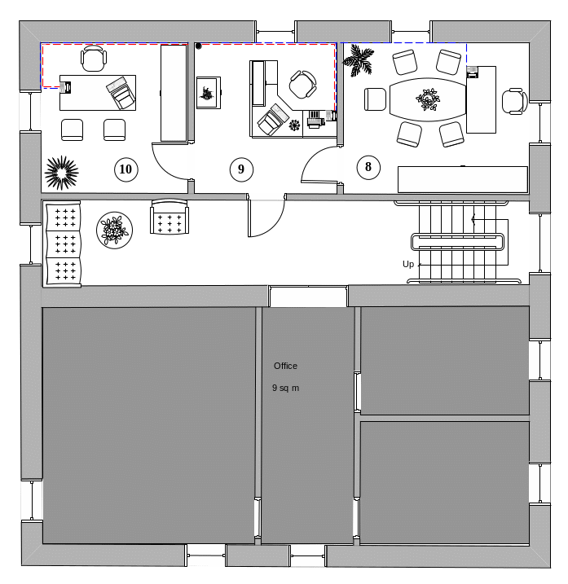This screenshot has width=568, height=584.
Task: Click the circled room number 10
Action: pos(126,169)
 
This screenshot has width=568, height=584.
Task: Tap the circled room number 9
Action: pos(241,169)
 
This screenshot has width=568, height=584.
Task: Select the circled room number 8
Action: pos(368,167)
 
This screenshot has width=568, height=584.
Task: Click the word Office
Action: pos(285,366)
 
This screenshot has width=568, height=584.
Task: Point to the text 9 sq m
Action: pos(285,388)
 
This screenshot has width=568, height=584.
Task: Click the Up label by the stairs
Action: pos(408,264)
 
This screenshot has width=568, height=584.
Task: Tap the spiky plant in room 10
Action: pos(61,173)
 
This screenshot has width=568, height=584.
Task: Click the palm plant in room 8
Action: pos(358,59)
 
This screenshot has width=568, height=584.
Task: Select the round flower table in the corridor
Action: pos(114,231)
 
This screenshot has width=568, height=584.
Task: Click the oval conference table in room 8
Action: pos(428,99)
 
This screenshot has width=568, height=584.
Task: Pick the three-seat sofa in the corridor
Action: pos(63,244)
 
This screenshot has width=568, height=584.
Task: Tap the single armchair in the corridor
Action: pos(170,217)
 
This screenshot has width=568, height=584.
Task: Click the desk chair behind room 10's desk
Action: pos(94,59)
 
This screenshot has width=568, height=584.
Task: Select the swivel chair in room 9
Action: pos(302,85)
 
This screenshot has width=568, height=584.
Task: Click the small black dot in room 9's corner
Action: pos(199,46)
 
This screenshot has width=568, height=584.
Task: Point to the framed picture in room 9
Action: pos(209,93)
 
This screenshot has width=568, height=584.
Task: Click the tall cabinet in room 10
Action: pos(174,93)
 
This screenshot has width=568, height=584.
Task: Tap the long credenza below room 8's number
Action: pos(463,179)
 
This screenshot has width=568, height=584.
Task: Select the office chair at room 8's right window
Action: pos(515,101)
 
